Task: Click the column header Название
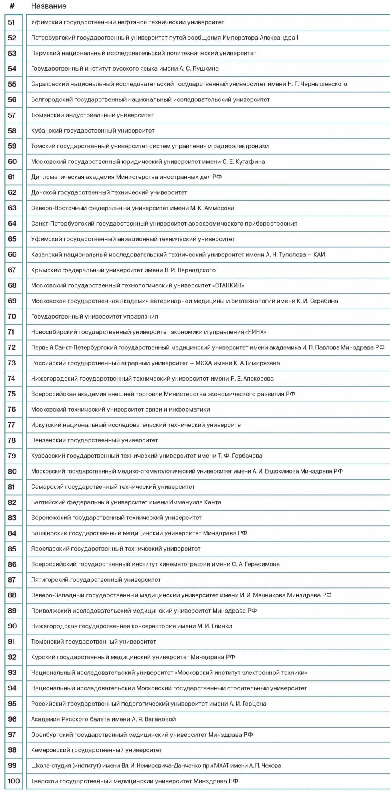coord(49,6)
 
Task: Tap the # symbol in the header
coord(12,6)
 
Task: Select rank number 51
coord(12,22)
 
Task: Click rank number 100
coord(14,781)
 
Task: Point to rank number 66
coord(12,255)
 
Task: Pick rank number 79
coord(12,456)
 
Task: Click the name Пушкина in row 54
coord(206,69)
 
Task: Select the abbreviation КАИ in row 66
coord(319,255)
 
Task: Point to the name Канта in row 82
coord(214,502)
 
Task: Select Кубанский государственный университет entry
coord(93,131)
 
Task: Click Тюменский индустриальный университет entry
coord(92,115)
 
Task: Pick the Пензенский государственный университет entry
coord(95,440)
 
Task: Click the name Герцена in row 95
coord(253,704)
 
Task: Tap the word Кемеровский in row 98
coord(49,750)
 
